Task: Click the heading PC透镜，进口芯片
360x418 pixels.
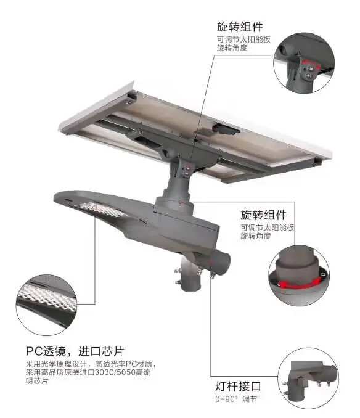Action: (x=75, y=351)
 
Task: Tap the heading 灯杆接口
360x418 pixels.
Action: (x=238, y=387)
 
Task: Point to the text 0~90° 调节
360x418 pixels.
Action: (x=236, y=399)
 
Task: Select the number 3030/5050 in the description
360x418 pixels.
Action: (x=115, y=372)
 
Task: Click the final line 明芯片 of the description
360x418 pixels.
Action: (x=37, y=380)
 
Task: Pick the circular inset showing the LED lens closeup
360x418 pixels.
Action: (x=46, y=305)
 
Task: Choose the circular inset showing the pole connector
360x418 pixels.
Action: (x=308, y=379)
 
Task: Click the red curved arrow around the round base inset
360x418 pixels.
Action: (x=299, y=284)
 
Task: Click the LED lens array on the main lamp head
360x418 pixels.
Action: (x=101, y=210)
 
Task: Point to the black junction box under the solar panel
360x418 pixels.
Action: (x=226, y=129)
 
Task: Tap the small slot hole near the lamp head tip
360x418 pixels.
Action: (x=68, y=199)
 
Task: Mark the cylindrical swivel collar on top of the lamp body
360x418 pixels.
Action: (x=173, y=207)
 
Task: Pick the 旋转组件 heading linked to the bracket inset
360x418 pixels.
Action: (x=240, y=27)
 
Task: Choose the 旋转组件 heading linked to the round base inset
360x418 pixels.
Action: (x=264, y=215)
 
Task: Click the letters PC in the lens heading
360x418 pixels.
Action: (x=35, y=351)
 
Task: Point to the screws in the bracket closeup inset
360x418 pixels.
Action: (x=309, y=73)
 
